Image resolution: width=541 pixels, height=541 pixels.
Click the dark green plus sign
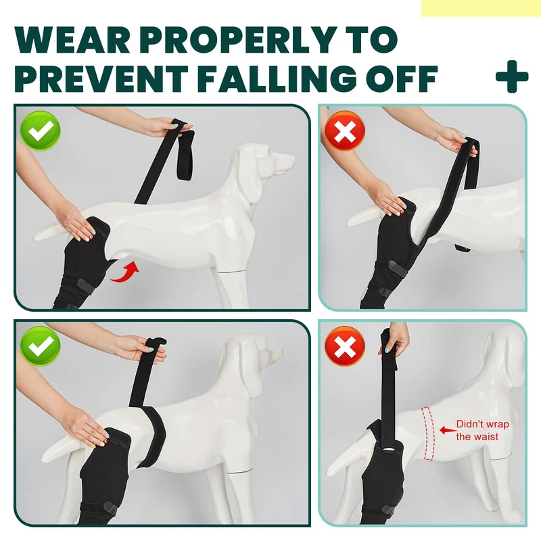[x=512, y=76]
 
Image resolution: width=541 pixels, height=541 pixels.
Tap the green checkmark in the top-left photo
[x=41, y=131]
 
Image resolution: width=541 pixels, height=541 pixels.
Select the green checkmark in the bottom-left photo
[x=41, y=346]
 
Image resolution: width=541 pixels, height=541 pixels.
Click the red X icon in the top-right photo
[x=345, y=131]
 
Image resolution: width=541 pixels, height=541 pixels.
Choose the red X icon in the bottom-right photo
[x=345, y=346]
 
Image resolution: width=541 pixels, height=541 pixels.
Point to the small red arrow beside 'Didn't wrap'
[x=448, y=430]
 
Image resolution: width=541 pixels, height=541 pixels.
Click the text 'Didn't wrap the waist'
[x=482, y=430]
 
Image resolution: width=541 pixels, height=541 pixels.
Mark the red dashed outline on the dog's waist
[x=428, y=433]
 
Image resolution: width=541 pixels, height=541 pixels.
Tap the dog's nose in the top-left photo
[x=292, y=160]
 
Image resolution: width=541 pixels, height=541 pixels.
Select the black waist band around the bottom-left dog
[x=151, y=436]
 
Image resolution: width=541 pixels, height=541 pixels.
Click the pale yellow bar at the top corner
[x=481, y=8]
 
